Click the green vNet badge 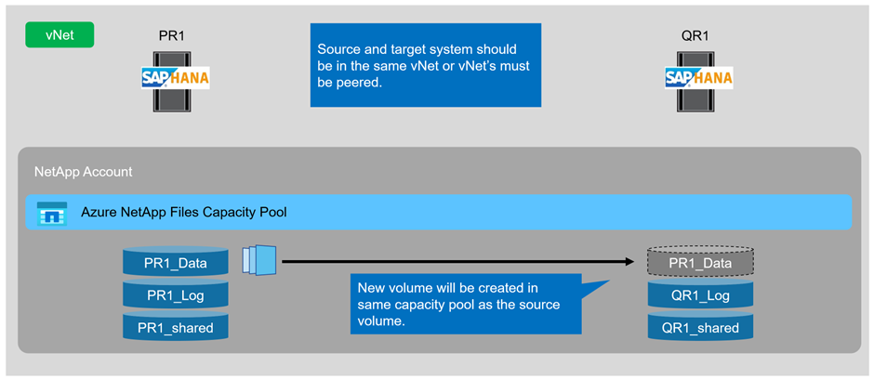click(x=60, y=34)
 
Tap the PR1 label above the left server click(x=172, y=36)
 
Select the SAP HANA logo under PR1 click(x=175, y=78)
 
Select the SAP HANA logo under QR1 click(x=699, y=78)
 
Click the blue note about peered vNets click(x=426, y=65)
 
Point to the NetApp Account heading click(x=84, y=172)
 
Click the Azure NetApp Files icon click(x=52, y=214)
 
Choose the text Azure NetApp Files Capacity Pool click(x=184, y=212)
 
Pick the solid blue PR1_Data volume click(x=176, y=262)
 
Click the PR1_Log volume click(x=176, y=294)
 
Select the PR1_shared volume click(x=176, y=327)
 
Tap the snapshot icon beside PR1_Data click(x=259, y=260)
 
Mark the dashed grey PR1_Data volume click(x=701, y=262)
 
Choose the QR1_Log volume click(x=701, y=294)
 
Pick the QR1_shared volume click(x=701, y=327)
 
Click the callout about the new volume click(x=466, y=304)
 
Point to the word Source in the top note click(x=336, y=49)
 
